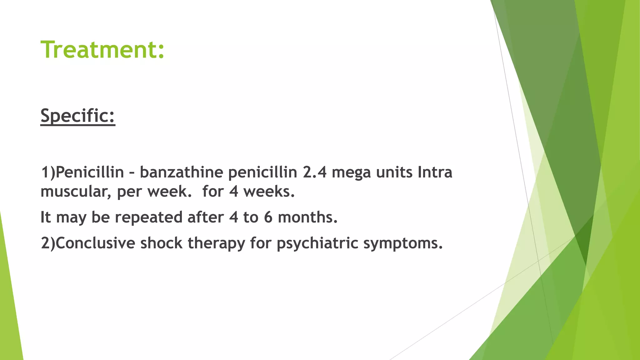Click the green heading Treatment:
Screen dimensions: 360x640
[x=102, y=50]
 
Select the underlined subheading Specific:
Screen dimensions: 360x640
[x=78, y=116]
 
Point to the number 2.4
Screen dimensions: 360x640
[x=314, y=172]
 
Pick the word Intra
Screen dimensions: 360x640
[x=435, y=172]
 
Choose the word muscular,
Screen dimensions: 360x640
[x=76, y=192]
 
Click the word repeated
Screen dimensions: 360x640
[x=148, y=217]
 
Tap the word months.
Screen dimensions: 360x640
[x=308, y=217]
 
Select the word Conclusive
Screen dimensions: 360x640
[x=96, y=243]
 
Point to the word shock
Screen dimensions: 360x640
[x=161, y=243]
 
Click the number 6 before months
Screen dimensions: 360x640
[x=268, y=217]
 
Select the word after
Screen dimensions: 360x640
[x=205, y=217]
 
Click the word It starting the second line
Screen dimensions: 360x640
[x=46, y=217]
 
